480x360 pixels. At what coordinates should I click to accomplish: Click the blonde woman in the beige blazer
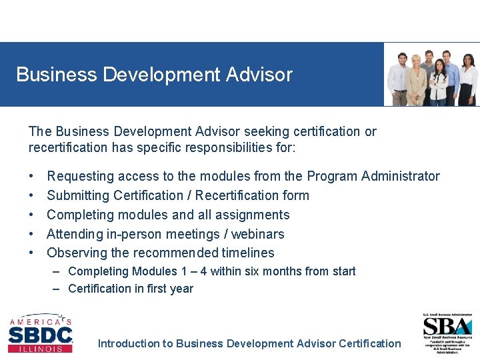pyautogui.click(x=417, y=81)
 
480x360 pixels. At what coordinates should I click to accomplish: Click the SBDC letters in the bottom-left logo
pyautogui.click(x=40, y=335)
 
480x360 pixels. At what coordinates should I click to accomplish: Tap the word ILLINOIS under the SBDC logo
pyautogui.click(x=40, y=349)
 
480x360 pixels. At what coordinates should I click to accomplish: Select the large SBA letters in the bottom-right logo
pyautogui.click(x=447, y=327)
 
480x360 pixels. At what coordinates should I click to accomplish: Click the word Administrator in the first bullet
pyautogui.click(x=400, y=176)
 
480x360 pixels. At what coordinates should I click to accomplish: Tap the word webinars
pyautogui.click(x=257, y=234)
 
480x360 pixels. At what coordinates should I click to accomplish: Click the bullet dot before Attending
pyautogui.click(x=32, y=234)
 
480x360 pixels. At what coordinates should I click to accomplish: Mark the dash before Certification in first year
pyautogui.click(x=57, y=289)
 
